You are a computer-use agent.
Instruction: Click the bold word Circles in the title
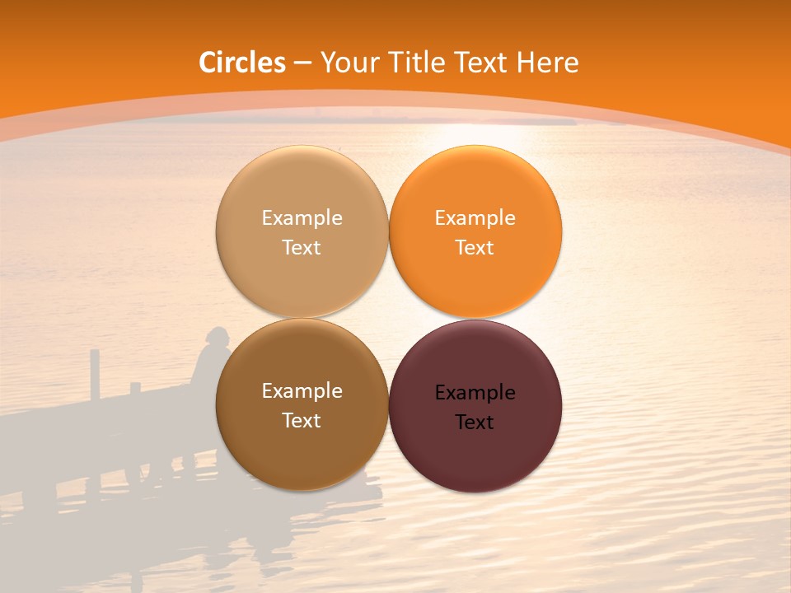click(x=241, y=63)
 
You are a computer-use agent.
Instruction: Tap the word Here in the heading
click(x=547, y=63)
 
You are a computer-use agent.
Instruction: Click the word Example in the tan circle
click(x=302, y=218)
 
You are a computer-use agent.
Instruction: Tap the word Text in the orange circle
click(x=475, y=248)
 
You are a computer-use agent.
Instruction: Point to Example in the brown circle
click(x=302, y=391)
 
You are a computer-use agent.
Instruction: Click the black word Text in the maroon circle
click(x=475, y=423)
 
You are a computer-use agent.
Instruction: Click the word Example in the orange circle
click(x=475, y=218)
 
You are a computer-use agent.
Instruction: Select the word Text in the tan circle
click(x=302, y=248)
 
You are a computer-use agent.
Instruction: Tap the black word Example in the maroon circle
click(x=475, y=393)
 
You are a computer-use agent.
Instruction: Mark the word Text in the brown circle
click(x=302, y=421)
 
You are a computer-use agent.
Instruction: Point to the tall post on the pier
click(x=95, y=375)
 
